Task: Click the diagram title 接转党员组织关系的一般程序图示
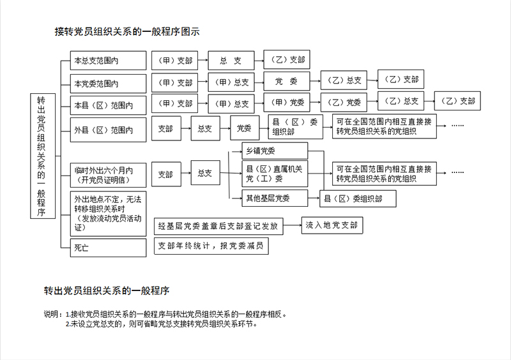(x=127, y=32)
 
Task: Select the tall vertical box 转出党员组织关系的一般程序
(x=43, y=156)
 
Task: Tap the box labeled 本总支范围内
(x=108, y=60)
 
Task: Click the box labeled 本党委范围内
(x=108, y=84)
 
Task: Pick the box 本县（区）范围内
(x=108, y=105)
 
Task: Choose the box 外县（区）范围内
(x=108, y=130)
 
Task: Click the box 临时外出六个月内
(x=108, y=176)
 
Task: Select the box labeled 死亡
(x=108, y=248)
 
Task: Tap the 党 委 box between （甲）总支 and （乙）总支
(x=286, y=81)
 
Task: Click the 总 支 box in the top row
(x=231, y=60)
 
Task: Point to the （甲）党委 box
(x=286, y=103)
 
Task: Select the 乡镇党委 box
(x=275, y=151)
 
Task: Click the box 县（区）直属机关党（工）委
(x=275, y=174)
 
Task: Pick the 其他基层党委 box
(x=275, y=198)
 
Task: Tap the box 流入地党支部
(x=332, y=225)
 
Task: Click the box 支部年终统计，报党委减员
(x=211, y=246)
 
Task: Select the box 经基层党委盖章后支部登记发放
(x=218, y=226)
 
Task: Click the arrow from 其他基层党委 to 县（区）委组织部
(x=314, y=198)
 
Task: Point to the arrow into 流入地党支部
(x=293, y=225)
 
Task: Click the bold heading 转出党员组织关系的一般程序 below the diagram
(x=107, y=290)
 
